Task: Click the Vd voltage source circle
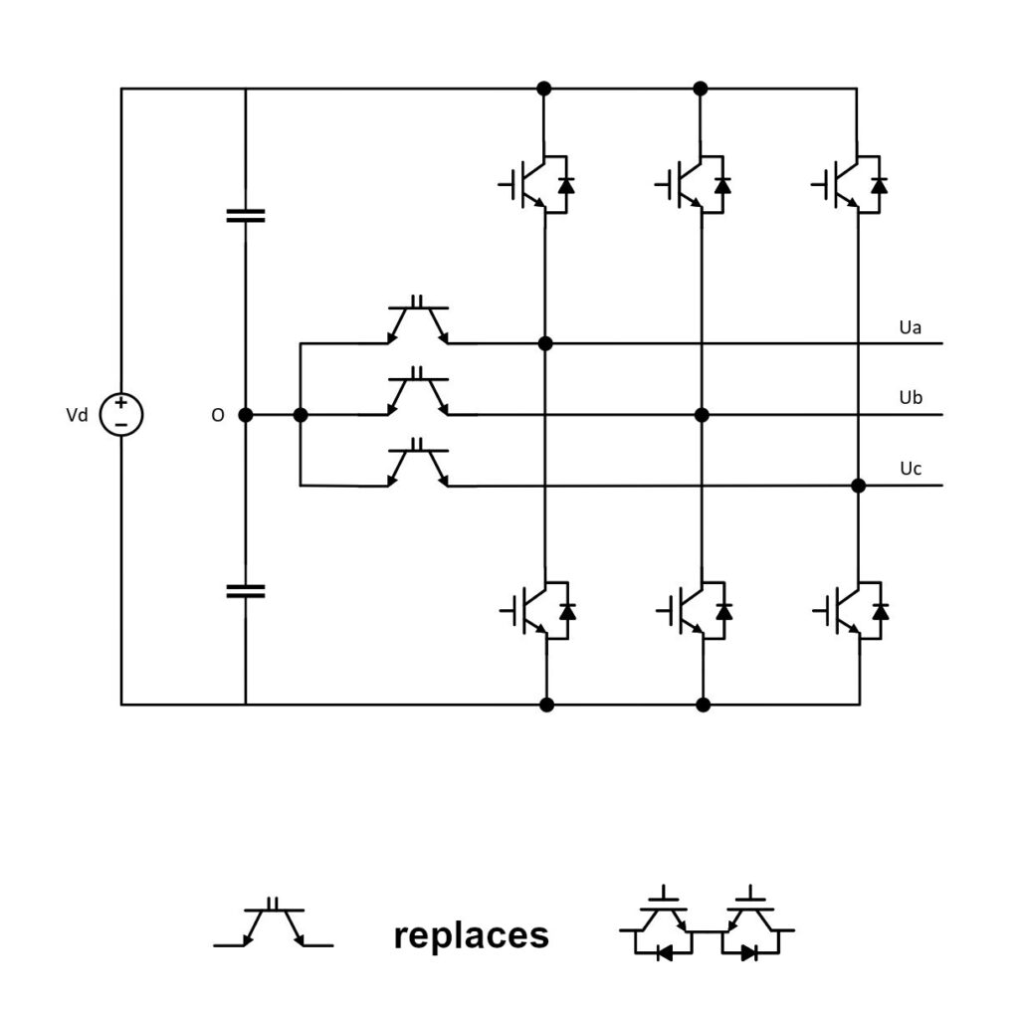point(121,415)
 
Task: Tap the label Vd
point(77,415)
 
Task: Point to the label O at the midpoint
point(218,415)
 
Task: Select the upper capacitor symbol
point(246,216)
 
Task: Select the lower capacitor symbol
point(246,591)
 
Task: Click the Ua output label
point(910,327)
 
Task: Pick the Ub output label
point(911,398)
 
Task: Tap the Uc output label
point(911,469)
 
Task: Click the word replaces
point(471,935)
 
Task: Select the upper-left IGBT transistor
point(536,184)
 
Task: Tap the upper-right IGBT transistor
point(850,184)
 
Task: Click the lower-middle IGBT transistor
point(695,611)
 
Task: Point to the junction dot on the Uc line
point(859,486)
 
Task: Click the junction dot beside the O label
point(246,415)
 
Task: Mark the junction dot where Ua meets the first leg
point(545,343)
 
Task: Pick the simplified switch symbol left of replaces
point(274,922)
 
